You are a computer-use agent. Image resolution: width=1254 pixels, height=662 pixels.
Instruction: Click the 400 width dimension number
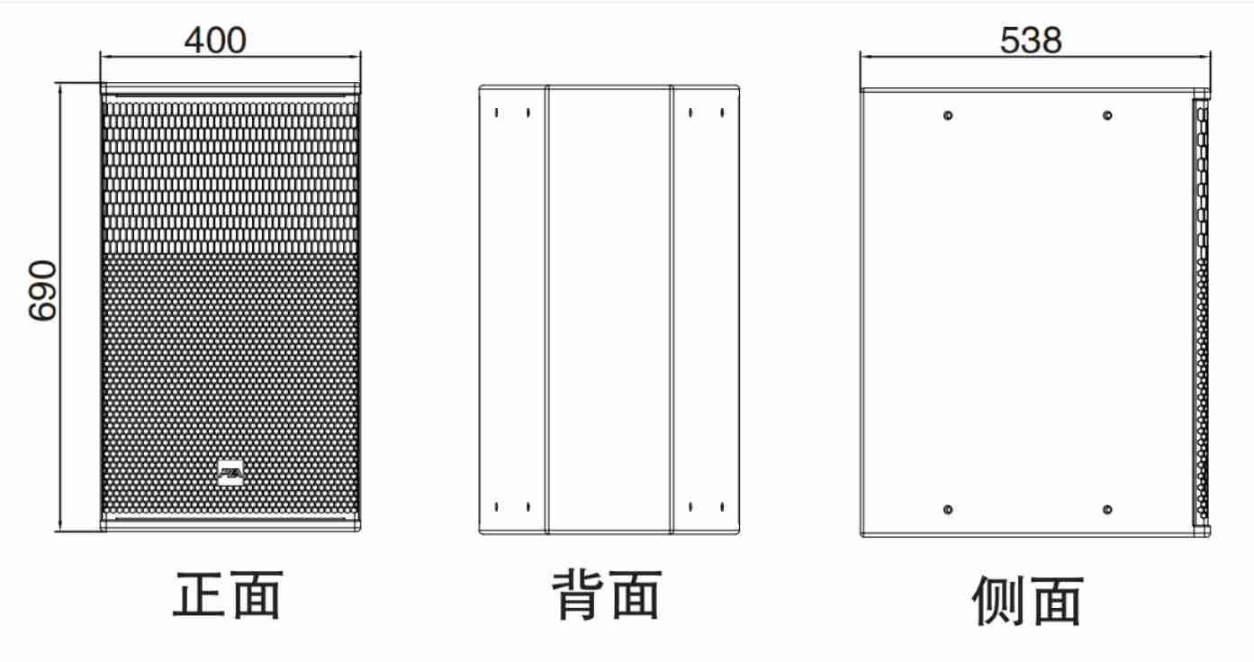click(x=215, y=41)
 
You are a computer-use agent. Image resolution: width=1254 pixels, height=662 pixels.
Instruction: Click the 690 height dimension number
click(x=42, y=290)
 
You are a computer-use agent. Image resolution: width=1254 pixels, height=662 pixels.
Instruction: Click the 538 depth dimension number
click(x=1031, y=41)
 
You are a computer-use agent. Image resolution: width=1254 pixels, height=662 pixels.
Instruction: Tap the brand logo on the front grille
click(x=230, y=473)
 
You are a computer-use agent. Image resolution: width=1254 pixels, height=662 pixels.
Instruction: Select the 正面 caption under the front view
click(x=228, y=594)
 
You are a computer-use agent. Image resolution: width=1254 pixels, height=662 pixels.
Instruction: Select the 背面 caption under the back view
click(x=607, y=594)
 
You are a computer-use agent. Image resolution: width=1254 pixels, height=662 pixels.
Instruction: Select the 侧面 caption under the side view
click(x=1028, y=601)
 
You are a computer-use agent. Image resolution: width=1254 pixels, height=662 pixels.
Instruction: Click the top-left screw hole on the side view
click(x=948, y=115)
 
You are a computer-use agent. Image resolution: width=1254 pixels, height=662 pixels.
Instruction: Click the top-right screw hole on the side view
click(x=1107, y=115)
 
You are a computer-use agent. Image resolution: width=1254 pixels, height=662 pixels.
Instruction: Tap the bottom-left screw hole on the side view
click(x=948, y=509)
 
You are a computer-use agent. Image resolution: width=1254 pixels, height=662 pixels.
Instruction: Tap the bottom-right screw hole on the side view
click(x=1107, y=509)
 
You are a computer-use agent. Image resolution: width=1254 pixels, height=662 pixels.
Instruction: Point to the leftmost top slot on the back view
click(x=497, y=113)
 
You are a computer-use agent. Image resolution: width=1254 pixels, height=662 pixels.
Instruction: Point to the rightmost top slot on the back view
click(x=722, y=113)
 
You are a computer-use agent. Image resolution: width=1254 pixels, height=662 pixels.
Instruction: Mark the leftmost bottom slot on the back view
click(x=497, y=506)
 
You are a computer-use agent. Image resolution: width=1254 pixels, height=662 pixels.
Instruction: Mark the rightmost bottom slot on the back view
click(x=722, y=506)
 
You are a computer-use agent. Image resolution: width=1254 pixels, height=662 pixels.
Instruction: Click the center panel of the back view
click(x=609, y=310)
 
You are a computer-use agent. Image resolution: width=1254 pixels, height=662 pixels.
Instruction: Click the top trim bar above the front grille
click(x=230, y=89)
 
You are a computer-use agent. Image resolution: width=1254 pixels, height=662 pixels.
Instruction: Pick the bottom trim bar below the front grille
click(x=230, y=525)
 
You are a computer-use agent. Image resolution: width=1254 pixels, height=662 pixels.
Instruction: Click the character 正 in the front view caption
click(x=199, y=594)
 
